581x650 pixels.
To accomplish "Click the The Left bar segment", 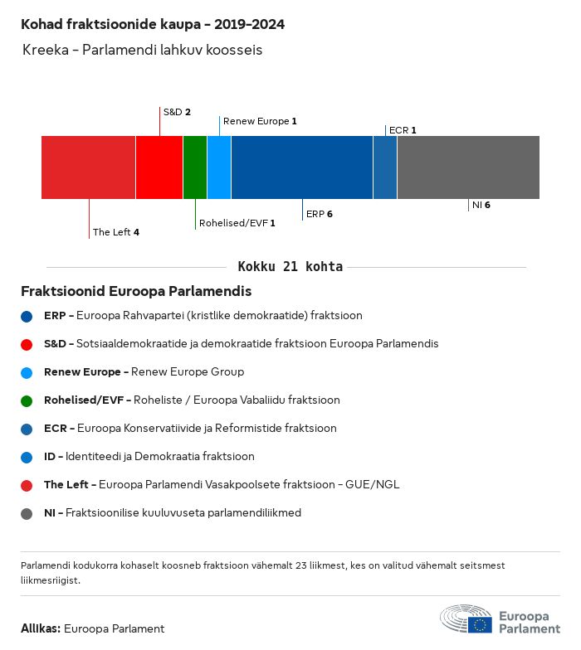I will (88, 167).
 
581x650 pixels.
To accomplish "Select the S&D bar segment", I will (159, 167).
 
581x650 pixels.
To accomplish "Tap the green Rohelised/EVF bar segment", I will (195, 167).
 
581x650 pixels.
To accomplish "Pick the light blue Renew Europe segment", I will (219, 167).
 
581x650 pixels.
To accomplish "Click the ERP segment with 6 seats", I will (302, 167).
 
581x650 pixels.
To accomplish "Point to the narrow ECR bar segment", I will (385, 167).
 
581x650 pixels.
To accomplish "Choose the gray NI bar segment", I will (468, 167).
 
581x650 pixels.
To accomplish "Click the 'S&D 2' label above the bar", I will (177, 112).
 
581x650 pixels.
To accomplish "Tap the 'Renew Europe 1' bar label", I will (260, 121).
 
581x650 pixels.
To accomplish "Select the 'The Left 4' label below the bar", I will (115, 232).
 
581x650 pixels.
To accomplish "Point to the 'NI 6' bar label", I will (481, 205).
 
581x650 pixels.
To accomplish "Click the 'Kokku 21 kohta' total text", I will (290, 267).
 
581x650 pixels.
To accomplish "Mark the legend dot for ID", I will (27, 457).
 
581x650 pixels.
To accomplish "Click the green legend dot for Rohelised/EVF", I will (27, 400).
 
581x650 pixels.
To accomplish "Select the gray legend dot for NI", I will (27, 513).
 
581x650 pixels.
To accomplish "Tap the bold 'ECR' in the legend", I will (55, 429).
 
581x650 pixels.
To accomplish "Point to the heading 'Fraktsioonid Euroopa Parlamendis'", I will (136, 292).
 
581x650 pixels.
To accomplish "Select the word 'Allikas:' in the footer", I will (40, 628).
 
